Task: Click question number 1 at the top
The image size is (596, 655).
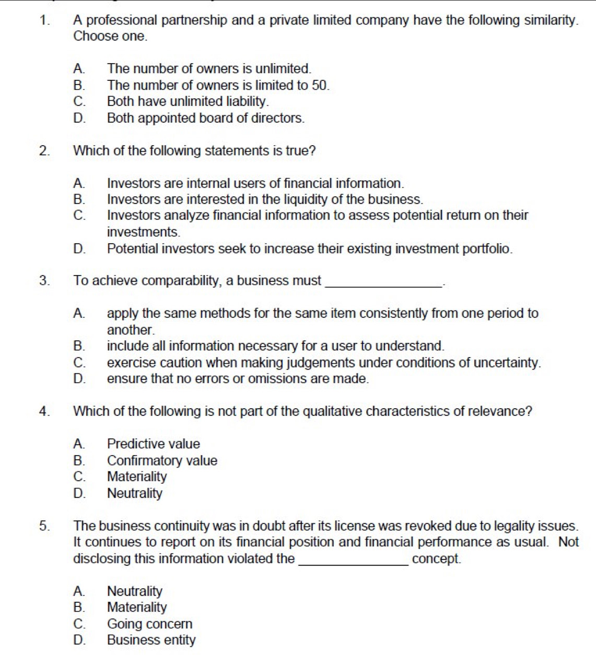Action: pyautogui.click(x=44, y=21)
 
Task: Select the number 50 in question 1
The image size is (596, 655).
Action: pyautogui.click(x=320, y=86)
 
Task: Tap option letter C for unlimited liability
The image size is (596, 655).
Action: pyautogui.click(x=79, y=102)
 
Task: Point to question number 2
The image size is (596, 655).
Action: pyautogui.click(x=44, y=151)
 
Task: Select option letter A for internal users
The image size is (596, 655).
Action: pyautogui.click(x=79, y=184)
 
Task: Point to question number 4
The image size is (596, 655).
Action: pyautogui.click(x=44, y=412)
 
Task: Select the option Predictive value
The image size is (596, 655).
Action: pyautogui.click(x=153, y=444)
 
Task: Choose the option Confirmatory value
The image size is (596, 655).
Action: pyautogui.click(x=162, y=461)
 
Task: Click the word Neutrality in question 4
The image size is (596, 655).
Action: pyautogui.click(x=135, y=493)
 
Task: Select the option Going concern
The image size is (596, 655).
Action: pyautogui.click(x=149, y=624)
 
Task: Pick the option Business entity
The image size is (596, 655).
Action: pyautogui.click(x=151, y=640)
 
